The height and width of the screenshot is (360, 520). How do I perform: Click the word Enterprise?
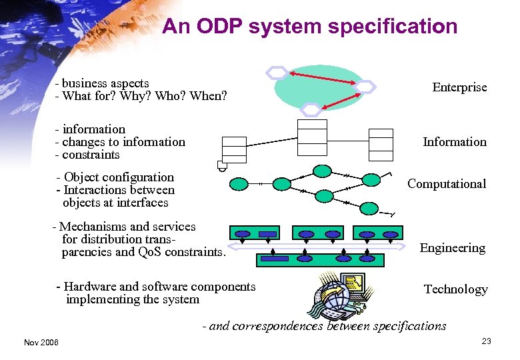[459, 87]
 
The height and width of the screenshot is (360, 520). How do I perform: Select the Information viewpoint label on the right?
[455, 141]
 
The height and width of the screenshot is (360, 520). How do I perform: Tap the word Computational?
[447, 184]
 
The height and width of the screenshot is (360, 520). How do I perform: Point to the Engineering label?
[452, 248]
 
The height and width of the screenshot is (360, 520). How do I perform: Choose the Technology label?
[455, 289]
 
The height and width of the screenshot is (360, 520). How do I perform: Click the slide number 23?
[486, 341]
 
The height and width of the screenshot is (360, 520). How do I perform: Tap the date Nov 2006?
[41, 342]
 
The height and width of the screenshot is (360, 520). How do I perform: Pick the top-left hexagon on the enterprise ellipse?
[276, 72]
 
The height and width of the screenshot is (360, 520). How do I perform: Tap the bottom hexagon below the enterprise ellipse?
[311, 109]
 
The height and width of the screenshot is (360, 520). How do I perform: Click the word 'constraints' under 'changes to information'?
[91, 155]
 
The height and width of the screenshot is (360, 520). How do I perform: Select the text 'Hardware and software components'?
[159, 287]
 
